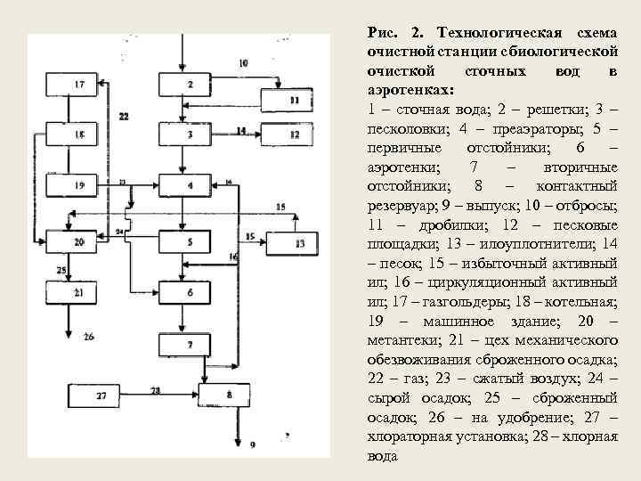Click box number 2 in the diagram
coord(189,85)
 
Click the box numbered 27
coord(101,395)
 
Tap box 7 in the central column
coord(189,344)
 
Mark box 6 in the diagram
coord(189,292)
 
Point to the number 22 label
coord(123,116)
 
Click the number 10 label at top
coord(243,63)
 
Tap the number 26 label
coord(88,337)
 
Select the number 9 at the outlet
coord(253,443)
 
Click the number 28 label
coord(156,390)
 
